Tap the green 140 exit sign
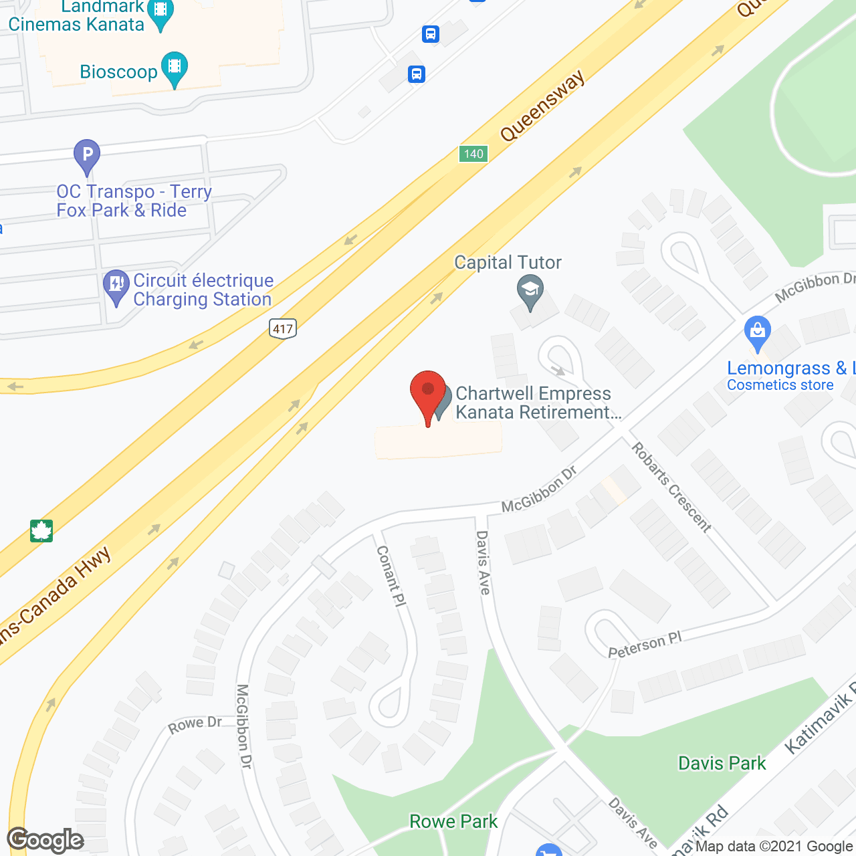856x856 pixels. click(x=473, y=154)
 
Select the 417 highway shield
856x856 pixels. click(x=283, y=328)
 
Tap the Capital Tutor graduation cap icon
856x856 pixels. click(x=530, y=291)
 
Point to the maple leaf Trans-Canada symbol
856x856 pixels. click(x=41, y=531)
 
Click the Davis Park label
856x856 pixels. click(x=722, y=763)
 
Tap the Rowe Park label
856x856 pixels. click(x=453, y=821)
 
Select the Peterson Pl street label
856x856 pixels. click(x=645, y=645)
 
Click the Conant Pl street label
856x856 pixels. click(x=391, y=576)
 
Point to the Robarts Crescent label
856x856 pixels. click(x=671, y=486)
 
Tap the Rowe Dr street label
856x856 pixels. click(x=195, y=724)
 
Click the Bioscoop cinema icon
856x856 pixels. click(x=175, y=68)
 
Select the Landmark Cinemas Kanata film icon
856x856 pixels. click(x=160, y=12)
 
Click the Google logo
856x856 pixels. click(x=45, y=840)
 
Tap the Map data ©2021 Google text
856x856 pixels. click(x=774, y=846)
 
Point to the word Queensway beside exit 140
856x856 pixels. click(x=542, y=106)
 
